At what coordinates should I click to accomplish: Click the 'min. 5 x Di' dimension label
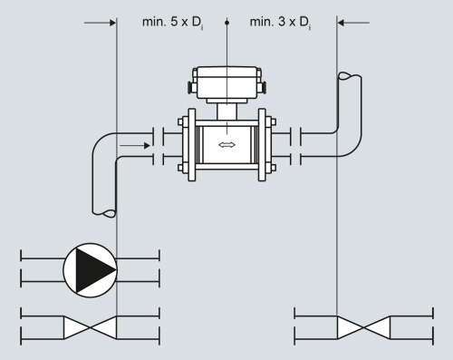click(172, 23)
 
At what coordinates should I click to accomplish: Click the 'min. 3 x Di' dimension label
click(280, 23)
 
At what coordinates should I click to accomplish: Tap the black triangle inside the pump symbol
click(95, 270)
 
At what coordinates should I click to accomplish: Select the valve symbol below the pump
click(90, 327)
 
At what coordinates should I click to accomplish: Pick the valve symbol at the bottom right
click(363, 327)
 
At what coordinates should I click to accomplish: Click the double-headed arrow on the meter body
click(226, 145)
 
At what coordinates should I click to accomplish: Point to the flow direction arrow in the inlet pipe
click(135, 146)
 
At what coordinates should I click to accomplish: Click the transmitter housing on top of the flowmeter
click(226, 83)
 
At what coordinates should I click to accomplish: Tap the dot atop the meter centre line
click(227, 23)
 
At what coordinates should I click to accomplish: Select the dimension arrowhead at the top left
click(112, 23)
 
